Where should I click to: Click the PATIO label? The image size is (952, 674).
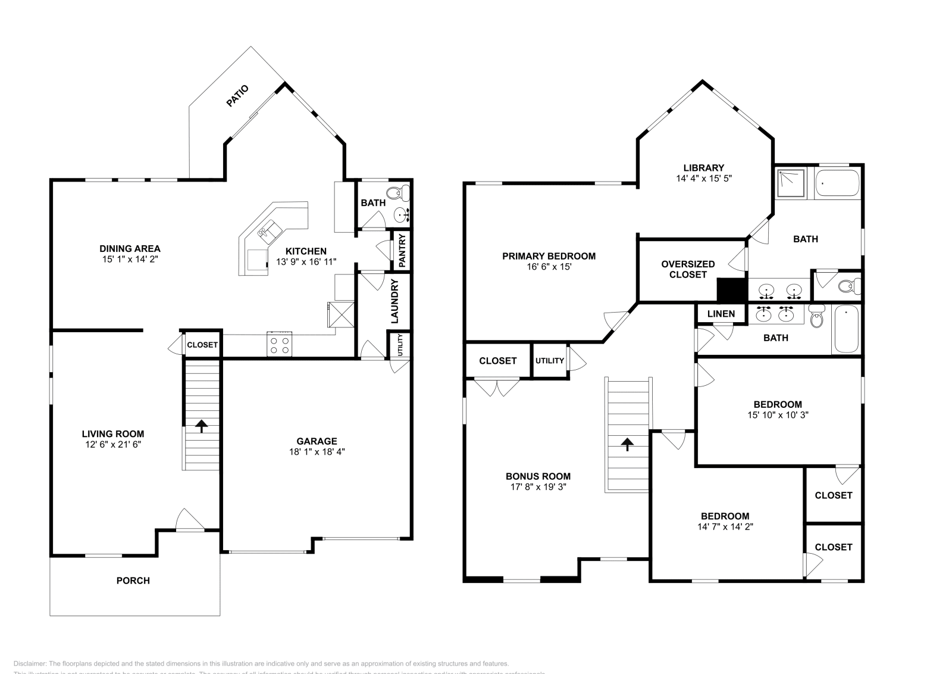[x=237, y=96]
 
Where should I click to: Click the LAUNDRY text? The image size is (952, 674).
[x=394, y=301]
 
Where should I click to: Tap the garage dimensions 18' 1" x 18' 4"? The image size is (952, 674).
[x=317, y=452]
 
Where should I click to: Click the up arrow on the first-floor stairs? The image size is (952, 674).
[x=201, y=426]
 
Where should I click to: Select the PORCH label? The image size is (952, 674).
[x=133, y=581]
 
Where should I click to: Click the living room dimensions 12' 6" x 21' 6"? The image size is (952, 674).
[x=112, y=445]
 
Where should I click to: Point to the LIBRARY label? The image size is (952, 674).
[x=703, y=168]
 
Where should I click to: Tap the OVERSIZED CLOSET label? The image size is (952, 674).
[x=688, y=269]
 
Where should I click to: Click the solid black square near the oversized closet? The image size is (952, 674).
[x=731, y=290]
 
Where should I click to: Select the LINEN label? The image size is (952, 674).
[x=721, y=314]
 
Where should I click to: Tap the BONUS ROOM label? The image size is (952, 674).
[x=538, y=476]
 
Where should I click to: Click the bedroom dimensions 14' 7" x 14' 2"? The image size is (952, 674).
[x=725, y=527]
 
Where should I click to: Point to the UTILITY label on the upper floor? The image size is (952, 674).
[x=549, y=361]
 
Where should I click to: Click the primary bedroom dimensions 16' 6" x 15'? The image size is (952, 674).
[x=549, y=267]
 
